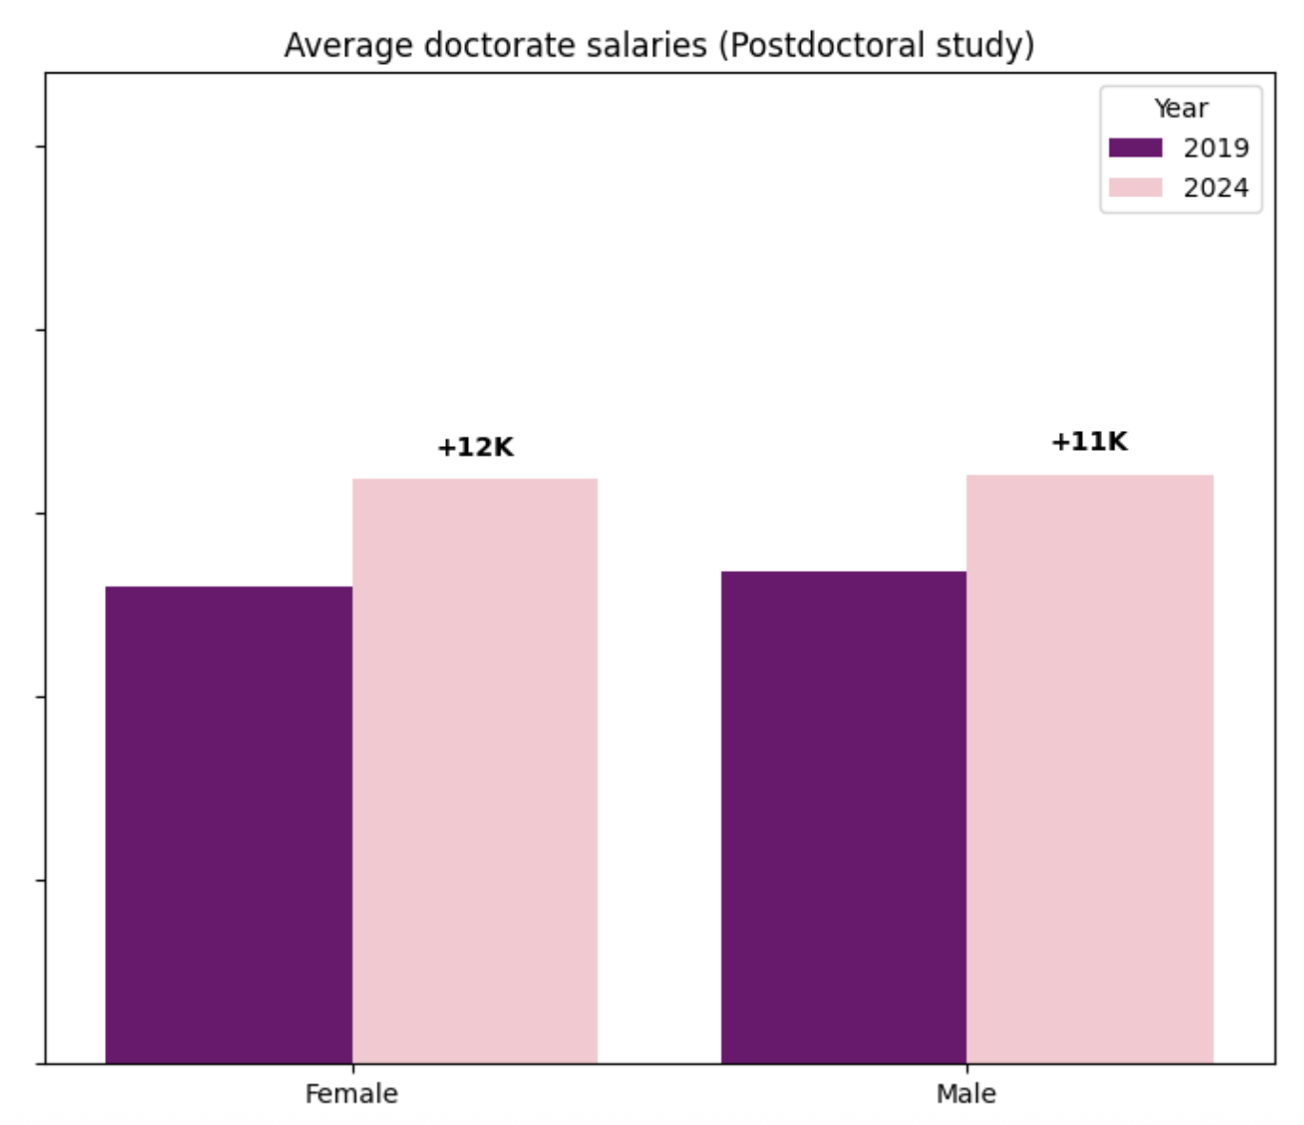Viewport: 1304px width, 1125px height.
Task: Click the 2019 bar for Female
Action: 229,825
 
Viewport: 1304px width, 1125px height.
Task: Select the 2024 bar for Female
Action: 475,770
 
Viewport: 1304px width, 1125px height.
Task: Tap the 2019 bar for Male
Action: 844,817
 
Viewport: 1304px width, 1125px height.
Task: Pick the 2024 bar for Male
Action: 1090,768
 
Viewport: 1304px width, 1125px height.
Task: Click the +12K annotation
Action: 475,447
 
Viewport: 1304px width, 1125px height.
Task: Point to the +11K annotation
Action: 1090,441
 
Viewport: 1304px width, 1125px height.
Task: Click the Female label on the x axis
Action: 352,1094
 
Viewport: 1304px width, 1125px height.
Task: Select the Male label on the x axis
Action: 967,1094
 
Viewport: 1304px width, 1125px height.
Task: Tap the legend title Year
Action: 1181,109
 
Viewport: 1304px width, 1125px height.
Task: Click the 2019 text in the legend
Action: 1216,149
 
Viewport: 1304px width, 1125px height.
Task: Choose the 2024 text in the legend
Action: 1216,188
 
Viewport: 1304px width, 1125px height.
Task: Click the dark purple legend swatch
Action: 1135,148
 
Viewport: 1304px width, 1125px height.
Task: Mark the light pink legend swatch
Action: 1135,187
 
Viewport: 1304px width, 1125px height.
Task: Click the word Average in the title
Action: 349,46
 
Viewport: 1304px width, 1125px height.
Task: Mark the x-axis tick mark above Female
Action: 353,1068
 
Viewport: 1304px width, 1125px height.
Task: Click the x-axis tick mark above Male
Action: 967,1068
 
